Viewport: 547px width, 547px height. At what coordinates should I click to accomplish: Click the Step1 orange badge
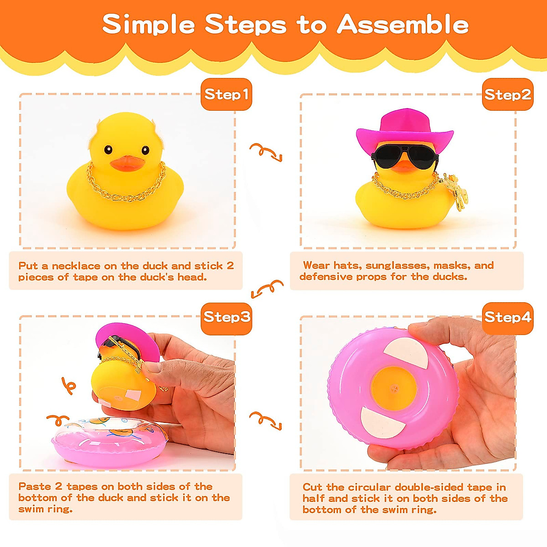(226, 94)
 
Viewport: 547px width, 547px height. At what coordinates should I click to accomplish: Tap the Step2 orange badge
(507, 94)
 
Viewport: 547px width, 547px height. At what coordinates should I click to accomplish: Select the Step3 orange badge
(227, 317)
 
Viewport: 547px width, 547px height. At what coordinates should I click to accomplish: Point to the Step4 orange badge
(507, 317)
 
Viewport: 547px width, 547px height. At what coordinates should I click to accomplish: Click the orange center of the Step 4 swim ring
(393, 387)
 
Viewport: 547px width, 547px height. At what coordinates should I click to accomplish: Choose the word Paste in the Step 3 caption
(35, 486)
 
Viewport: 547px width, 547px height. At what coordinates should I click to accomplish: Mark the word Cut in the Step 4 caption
(312, 487)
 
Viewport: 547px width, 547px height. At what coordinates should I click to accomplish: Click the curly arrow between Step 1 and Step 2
(266, 152)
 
